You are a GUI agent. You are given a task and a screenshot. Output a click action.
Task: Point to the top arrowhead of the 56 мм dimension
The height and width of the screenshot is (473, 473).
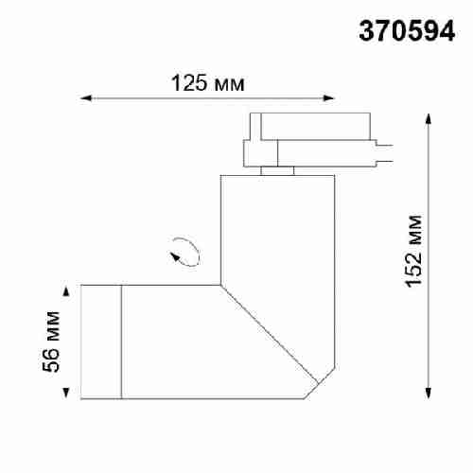(66, 289)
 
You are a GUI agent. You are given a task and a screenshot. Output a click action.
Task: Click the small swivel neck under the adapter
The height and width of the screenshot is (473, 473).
(278, 171)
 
